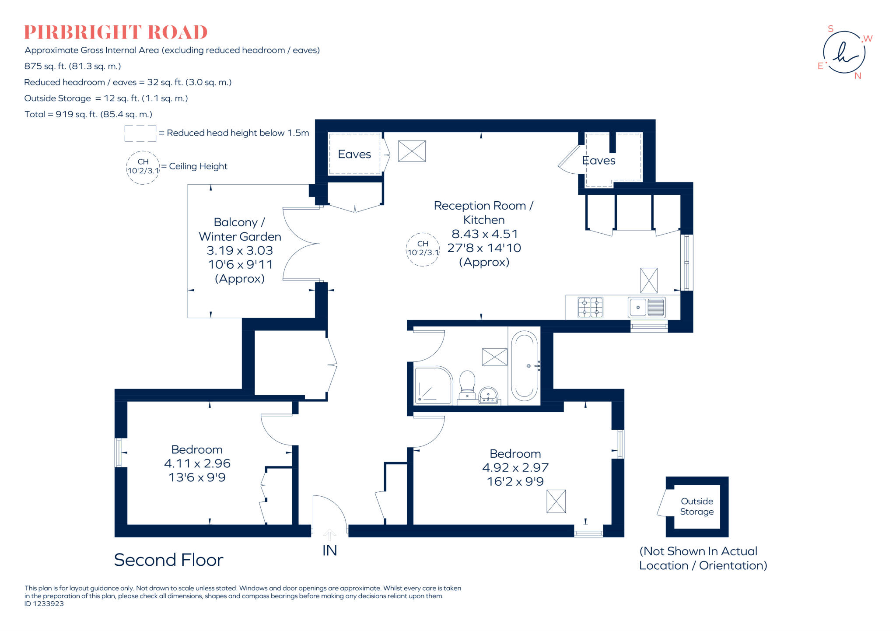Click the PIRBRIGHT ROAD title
pyautogui.click(x=115, y=32)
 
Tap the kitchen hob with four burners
pyautogui.click(x=590, y=307)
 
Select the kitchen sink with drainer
pyautogui.click(x=647, y=307)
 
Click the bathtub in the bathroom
pyautogui.click(x=524, y=365)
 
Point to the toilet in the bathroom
pyautogui.click(x=467, y=385)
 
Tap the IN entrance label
pyautogui.click(x=329, y=550)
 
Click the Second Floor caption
pyautogui.click(x=168, y=560)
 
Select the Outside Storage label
pyautogui.click(x=696, y=506)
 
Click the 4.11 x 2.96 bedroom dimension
pyautogui.click(x=197, y=463)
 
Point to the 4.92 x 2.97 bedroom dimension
pyautogui.click(x=515, y=468)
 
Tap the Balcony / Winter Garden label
pyautogui.click(x=240, y=229)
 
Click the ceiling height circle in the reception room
pyautogui.click(x=423, y=249)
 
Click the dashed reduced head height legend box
pyautogui.click(x=140, y=133)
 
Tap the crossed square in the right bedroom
pyautogui.click(x=556, y=501)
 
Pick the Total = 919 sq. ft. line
pyautogui.click(x=88, y=114)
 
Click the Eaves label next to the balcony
pyautogui.click(x=354, y=154)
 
